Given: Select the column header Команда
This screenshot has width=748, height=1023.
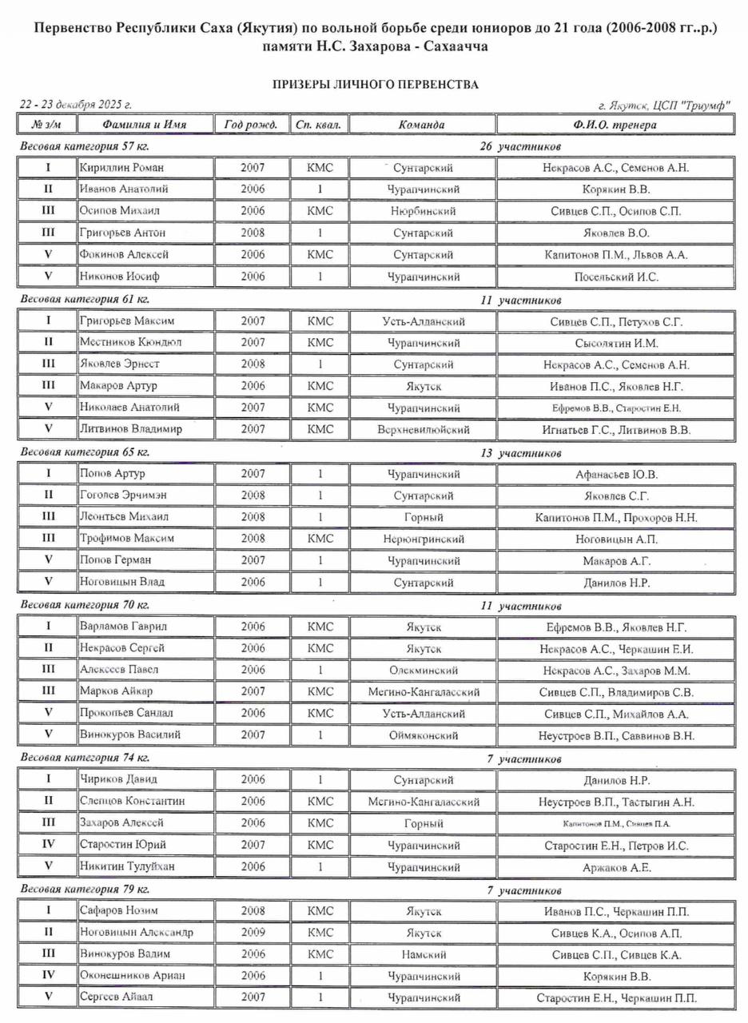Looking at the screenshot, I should (x=422, y=125).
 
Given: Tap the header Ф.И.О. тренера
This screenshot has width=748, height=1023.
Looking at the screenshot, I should (x=615, y=125).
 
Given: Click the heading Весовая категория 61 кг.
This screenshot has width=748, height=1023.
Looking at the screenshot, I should (x=85, y=300).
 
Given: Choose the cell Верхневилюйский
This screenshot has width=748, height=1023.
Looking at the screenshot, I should (x=423, y=429).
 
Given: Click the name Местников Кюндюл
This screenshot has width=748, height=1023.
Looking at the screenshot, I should (x=130, y=342).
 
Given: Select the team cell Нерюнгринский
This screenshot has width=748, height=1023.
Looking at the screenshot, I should (x=423, y=539).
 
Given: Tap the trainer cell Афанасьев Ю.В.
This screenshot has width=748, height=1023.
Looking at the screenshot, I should (x=616, y=474).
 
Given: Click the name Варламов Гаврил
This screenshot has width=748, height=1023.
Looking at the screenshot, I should (x=123, y=627).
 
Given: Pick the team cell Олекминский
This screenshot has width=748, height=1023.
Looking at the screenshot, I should (x=423, y=671).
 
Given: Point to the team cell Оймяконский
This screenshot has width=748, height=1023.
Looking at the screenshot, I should (x=423, y=735).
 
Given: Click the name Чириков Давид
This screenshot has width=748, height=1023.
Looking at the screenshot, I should (x=118, y=779).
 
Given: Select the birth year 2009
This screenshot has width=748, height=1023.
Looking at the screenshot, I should (x=253, y=933).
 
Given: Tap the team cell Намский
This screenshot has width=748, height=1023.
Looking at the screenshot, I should (x=423, y=954).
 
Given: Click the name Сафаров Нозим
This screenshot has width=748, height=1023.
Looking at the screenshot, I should (x=119, y=911).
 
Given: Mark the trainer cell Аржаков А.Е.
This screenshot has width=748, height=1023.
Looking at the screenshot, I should (x=616, y=866).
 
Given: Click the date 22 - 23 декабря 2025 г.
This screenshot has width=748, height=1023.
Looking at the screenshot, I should (x=75, y=105).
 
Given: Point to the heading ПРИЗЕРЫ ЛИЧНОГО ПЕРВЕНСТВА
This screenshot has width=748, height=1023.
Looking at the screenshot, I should (x=375, y=84).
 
